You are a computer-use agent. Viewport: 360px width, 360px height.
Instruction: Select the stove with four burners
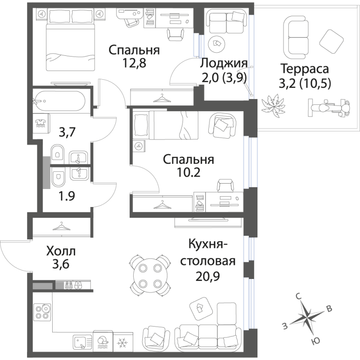tap(42, 312)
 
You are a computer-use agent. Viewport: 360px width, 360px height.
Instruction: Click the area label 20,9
tap(207, 276)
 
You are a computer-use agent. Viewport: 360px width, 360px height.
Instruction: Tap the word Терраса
tap(305, 69)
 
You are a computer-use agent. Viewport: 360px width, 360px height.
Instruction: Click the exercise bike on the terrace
tap(329, 108)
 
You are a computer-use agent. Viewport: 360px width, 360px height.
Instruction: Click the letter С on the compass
tap(298, 297)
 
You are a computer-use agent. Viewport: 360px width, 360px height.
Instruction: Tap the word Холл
tap(61, 252)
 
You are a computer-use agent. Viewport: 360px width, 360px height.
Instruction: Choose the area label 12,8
tap(134, 63)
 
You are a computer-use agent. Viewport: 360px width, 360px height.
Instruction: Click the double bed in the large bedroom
tap(71, 40)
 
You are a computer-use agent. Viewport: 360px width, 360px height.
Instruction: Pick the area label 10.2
tap(189, 172)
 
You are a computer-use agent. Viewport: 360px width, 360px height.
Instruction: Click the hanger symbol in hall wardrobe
tap(61, 226)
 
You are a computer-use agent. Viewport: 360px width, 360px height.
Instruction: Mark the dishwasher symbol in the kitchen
tap(103, 342)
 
